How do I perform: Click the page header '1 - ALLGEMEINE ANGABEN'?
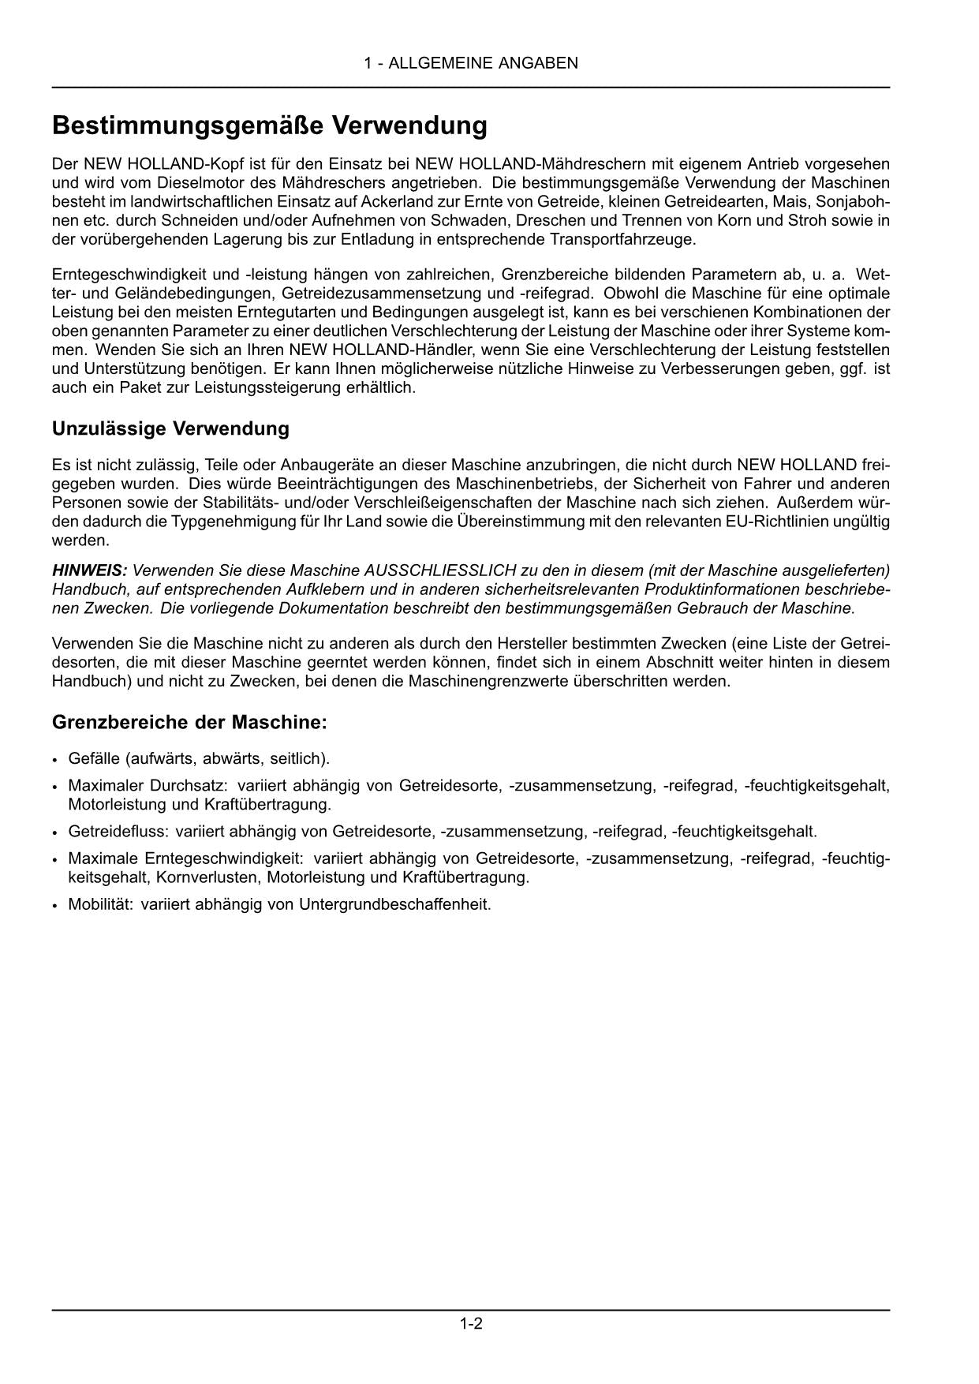coord(471,63)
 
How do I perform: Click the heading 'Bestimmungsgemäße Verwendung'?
coord(269,125)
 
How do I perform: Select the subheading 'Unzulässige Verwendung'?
coord(170,428)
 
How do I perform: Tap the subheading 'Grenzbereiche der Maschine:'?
coord(189,722)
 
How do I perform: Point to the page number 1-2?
coord(471,1323)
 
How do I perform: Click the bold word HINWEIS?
coord(89,570)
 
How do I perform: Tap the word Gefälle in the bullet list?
coord(94,758)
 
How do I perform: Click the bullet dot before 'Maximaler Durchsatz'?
coord(55,787)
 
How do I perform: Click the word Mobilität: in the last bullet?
coord(100,904)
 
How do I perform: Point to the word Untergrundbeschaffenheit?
coord(394,904)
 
